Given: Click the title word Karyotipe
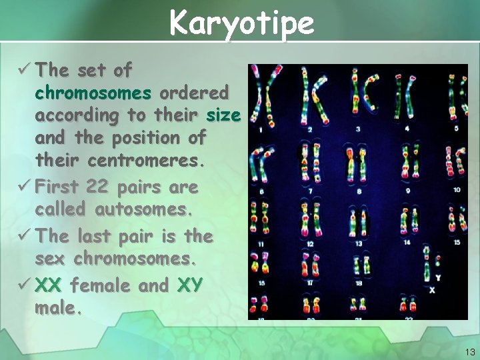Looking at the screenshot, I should [x=241, y=23].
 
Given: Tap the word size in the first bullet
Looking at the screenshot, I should [x=223, y=115].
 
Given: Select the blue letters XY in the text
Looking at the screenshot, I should [x=190, y=285].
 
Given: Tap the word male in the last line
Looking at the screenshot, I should [x=57, y=309].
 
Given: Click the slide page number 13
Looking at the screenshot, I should [x=469, y=351].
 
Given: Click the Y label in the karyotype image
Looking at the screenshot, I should [x=437, y=277].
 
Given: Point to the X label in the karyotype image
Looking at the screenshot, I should [x=431, y=290].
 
